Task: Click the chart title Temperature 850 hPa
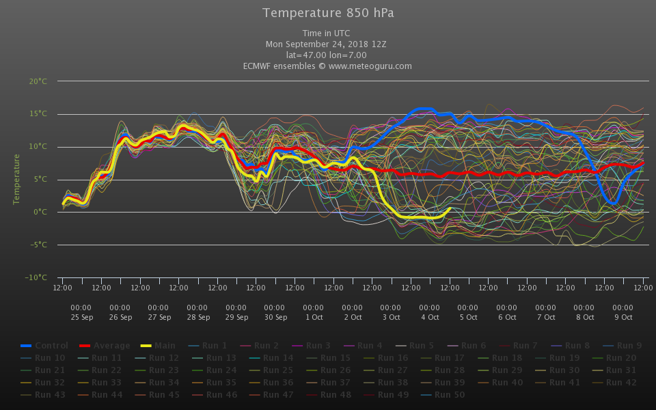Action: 328,13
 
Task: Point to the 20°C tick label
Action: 38,81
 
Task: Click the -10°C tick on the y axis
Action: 37,277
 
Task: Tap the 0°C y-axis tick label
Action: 40,212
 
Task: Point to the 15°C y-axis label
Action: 38,114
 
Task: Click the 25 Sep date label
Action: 81,317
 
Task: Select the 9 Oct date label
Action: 623,317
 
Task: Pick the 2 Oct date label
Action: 352,317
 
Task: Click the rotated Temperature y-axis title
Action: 17,179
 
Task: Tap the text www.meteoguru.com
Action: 370,66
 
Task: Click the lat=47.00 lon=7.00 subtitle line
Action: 327,55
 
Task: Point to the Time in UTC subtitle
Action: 327,33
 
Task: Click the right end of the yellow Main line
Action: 450,208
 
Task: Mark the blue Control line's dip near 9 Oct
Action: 613,203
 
